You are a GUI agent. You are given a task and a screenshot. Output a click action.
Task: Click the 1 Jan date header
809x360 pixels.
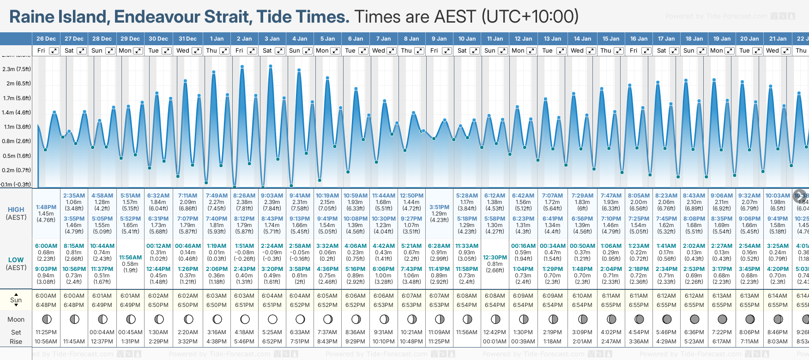click(x=217, y=39)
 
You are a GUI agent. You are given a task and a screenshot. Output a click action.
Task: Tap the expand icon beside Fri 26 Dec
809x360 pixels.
click(x=54, y=51)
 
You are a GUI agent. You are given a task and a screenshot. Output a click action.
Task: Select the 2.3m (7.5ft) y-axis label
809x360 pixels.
click(x=17, y=69)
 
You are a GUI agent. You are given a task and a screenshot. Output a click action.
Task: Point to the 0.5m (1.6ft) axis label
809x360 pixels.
click(x=17, y=156)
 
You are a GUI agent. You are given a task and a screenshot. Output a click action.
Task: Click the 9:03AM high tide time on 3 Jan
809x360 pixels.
click(x=272, y=196)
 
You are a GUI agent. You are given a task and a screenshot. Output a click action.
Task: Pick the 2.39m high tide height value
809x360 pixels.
click(x=272, y=202)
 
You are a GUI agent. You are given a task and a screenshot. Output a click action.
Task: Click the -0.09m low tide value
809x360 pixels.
click(x=272, y=252)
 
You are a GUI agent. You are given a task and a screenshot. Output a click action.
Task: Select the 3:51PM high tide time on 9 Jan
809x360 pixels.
click(x=439, y=207)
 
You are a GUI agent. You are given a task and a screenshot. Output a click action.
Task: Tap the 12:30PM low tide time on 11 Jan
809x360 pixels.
click(x=495, y=258)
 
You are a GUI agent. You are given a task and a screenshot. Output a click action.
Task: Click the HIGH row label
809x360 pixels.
click(x=16, y=210)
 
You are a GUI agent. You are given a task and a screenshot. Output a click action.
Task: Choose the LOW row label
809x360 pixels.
click(x=16, y=260)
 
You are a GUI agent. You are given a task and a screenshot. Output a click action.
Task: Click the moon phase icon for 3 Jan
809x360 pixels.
click(x=272, y=319)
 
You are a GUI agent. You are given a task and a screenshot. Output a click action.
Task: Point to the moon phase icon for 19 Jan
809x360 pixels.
click(x=722, y=319)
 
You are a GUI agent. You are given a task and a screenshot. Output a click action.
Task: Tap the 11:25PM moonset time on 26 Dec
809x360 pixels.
click(x=46, y=332)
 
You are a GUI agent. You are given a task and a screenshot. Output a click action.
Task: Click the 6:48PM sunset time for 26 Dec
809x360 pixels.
click(x=46, y=305)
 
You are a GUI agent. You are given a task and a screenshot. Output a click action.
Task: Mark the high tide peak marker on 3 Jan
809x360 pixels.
click(x=271, y=66)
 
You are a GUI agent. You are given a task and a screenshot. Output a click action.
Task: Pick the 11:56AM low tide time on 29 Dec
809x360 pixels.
click(x=130, y=258)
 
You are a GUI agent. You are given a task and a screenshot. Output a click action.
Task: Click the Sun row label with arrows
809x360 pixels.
click(x=16, y=300)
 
